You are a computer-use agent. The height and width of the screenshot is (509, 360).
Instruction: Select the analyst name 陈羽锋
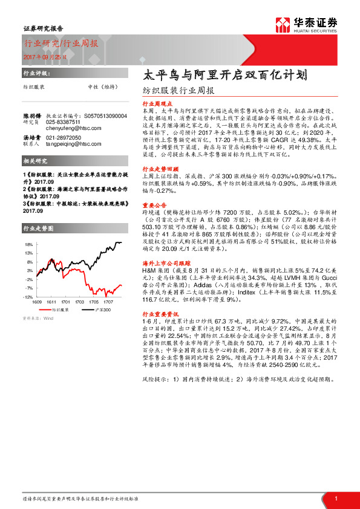pos(32,115)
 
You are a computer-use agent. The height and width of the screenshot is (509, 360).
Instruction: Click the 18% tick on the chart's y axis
pos(28,244)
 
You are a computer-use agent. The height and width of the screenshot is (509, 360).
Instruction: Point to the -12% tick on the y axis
pos(28,297)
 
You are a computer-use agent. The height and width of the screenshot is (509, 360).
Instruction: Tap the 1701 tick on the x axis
pos(65,302)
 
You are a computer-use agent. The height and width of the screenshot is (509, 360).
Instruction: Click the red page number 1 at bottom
pos(336,498)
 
